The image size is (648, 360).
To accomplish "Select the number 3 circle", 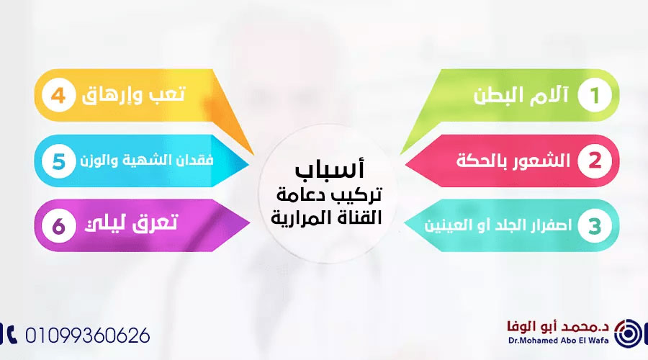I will pos(593,225).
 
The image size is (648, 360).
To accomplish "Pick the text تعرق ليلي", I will pos(138,225).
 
